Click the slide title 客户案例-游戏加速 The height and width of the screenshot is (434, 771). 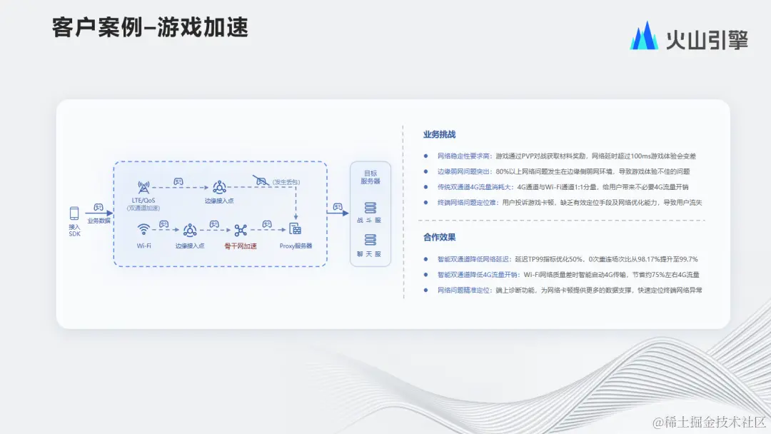150,28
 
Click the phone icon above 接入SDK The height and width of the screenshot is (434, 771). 74,213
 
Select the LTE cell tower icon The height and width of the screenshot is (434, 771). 143,187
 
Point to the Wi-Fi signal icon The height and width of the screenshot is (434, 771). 143,230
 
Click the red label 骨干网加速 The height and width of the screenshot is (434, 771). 241,246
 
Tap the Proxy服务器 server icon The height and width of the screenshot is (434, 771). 296,230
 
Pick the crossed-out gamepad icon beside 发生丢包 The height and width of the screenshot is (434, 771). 259,181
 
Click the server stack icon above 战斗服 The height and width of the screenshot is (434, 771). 371,208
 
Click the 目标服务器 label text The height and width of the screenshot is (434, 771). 371,177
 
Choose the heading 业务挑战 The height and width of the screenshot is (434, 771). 439,134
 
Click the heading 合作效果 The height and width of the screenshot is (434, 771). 439,237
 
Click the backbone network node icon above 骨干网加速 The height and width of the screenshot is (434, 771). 241,230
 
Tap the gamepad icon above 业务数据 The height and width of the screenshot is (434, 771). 99,208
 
